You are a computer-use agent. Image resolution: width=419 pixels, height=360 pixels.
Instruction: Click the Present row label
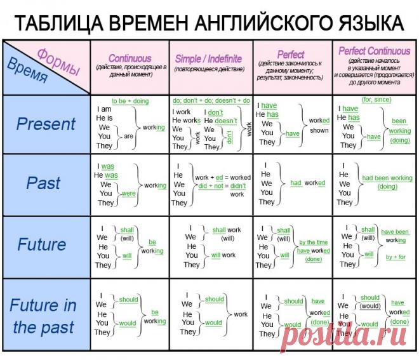tap(46, 124)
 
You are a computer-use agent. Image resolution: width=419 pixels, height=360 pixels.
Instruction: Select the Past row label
tap(44, 183)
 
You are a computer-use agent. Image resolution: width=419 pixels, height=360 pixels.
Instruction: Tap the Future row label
tap(41, 244)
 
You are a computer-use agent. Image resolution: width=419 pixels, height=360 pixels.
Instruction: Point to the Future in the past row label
tap(43, 316)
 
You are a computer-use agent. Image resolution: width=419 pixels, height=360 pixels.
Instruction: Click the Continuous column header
tap(130, 58)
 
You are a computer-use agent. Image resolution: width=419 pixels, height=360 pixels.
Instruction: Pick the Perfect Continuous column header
tap(375, 51)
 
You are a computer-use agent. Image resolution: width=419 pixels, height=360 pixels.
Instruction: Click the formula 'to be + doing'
tap(130, 101)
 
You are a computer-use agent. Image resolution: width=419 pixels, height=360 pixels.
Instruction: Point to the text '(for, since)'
tap(376, 100)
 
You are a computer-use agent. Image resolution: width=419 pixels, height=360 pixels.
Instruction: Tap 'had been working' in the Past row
tap(387, 178)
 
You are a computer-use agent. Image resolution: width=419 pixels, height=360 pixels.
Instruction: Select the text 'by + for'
tap(396, 257)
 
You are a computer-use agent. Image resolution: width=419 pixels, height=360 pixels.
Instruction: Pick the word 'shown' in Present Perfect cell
tap(319, 130)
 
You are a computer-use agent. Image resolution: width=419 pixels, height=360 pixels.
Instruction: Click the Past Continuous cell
tap(130, 185)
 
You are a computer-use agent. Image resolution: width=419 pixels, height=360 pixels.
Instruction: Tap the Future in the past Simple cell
tap(211, 315)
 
